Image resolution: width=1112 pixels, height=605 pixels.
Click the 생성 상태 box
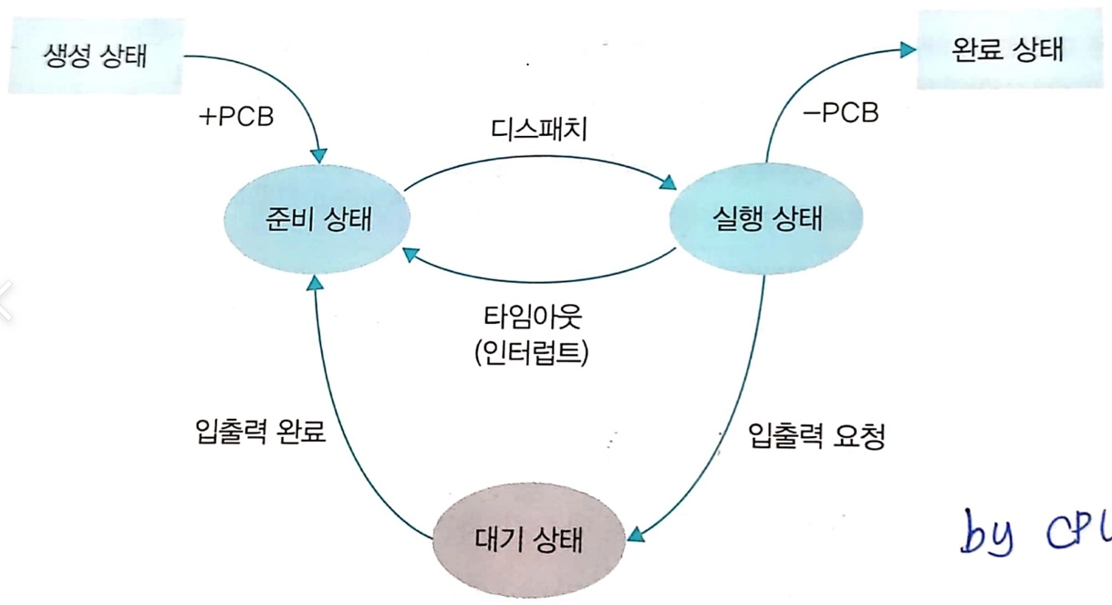click(96, 55)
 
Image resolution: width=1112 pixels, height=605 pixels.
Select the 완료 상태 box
click(1009, 49)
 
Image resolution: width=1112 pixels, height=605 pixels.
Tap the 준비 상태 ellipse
click(317, 219)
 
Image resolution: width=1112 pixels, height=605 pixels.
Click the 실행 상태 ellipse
click(766, 218)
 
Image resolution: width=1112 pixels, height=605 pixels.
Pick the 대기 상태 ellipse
click(529, 539)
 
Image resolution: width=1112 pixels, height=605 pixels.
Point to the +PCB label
click(236, 117)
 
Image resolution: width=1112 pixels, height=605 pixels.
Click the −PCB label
click(841, 113)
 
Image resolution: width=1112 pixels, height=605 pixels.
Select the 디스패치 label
click(538, 130)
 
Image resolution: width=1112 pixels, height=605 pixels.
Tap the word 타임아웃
click(532, 317)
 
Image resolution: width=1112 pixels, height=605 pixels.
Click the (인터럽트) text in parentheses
click(532, 352)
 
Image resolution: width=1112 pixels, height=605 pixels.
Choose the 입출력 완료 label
click(260, 431)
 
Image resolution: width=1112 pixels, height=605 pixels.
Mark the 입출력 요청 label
click(816, 435)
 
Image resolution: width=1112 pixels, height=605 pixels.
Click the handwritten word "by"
click(987, 533)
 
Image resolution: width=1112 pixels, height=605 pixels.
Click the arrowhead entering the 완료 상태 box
click(909, 49)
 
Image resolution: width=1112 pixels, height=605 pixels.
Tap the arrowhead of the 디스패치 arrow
click(668, 183)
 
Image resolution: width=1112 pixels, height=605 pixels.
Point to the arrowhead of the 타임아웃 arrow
click(411, 255)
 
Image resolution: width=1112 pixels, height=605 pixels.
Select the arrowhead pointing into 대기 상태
click(636, 535)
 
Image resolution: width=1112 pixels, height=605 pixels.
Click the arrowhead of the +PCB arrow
click(318, 155)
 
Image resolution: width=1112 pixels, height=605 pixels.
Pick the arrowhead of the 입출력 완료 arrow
click(315, 283)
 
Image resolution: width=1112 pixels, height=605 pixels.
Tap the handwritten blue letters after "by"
click(1078, 531)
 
